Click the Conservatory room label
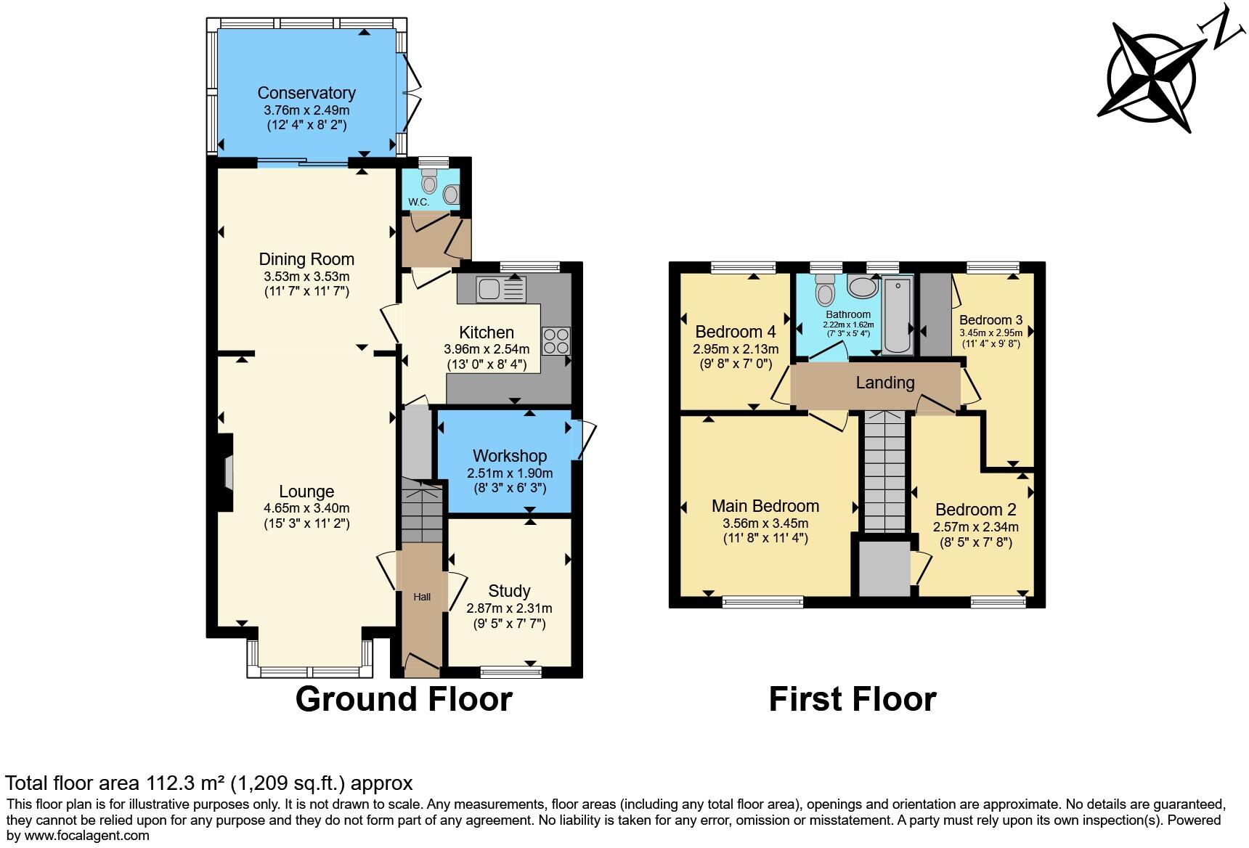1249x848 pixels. (306, 93)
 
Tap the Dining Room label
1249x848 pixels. (306, 259)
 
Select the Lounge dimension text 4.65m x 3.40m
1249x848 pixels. (306, 508)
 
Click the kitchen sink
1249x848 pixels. (500, 290)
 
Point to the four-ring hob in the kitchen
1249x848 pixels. (556, 341)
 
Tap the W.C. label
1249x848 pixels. (418, 202)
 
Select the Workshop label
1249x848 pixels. (510, 456)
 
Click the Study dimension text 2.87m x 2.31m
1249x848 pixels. (509, 608)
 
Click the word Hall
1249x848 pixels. (422, 597)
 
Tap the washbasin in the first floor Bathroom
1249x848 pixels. (863, 287)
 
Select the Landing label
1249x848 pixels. (884, 383)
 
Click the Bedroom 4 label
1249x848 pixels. (736, 332)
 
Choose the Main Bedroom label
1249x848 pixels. (765, 506)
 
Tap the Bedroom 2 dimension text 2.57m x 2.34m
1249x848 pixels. (975, 527)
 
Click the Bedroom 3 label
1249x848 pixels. (991, 319)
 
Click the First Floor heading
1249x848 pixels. (853, 698)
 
